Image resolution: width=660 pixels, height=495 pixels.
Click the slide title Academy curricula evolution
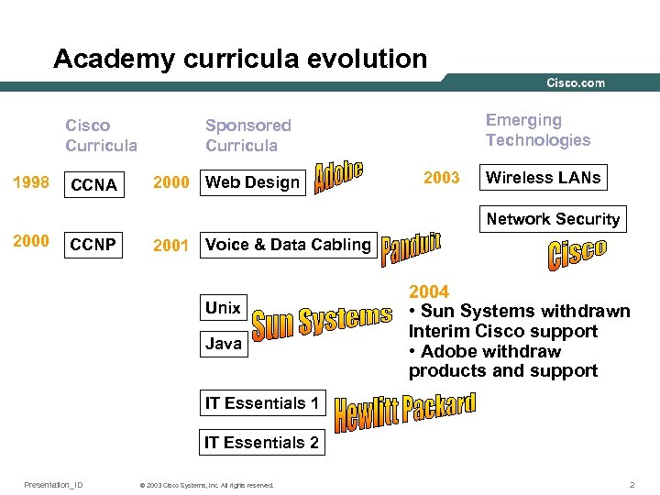(x=240, y=59)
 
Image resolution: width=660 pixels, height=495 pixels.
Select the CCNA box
(x=93, y=184)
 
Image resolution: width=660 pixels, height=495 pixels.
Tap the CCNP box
(x=93, y=245)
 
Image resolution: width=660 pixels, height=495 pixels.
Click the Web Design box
(x=253, y=181)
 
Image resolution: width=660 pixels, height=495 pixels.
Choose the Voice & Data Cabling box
(x=288, y=245)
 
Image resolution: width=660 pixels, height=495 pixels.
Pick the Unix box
(x=223, y=308)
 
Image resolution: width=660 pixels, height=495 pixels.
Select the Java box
(x=224, y=344)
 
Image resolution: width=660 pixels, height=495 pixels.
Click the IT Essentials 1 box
(x=261, y=403)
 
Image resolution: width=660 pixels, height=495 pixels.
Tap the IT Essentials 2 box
(x=261, y=443)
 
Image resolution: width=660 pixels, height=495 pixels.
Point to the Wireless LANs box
(x=544, y=178)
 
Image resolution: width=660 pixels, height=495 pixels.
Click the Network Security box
(x=553, y=219)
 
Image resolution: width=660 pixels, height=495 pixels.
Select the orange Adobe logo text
(x=339, y=176)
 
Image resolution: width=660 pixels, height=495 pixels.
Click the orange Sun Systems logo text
(x=322, y=323)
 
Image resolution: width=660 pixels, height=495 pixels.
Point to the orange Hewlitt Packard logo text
(x=405, y=412)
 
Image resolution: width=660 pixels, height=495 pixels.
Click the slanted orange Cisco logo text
(x=577, y=253)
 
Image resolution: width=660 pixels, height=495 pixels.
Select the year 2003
(x=442, y=178)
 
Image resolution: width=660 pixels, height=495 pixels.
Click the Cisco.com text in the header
(x=576, y=82)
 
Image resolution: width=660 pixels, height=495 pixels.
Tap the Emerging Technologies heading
(x=538, y=130)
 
